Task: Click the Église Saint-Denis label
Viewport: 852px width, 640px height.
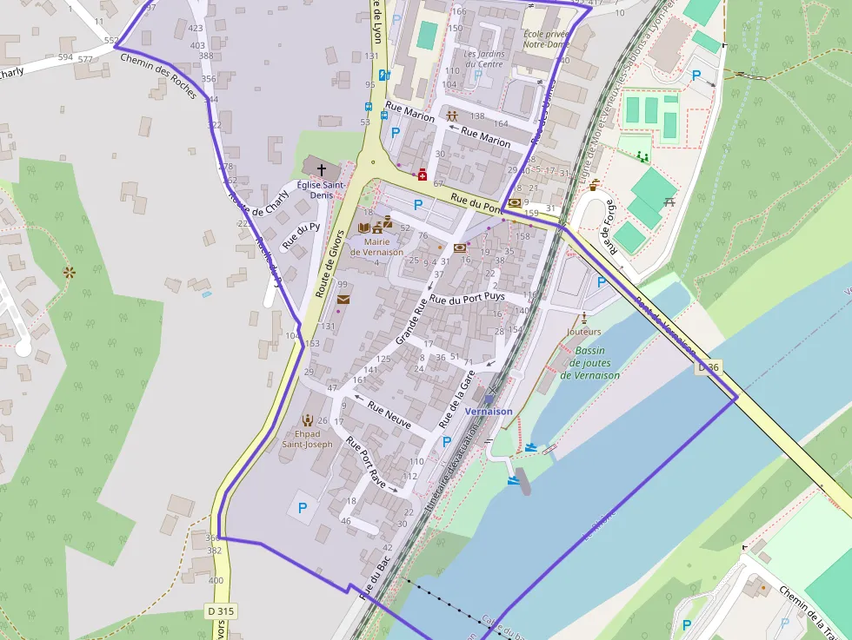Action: (x=321, y=190)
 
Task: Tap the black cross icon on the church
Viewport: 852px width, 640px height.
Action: (x=322, y=170)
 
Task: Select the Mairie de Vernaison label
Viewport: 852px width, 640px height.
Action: (x=376, y=247)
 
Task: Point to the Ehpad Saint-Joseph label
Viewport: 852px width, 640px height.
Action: (x=307, y=439)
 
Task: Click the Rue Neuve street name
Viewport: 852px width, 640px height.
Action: (x=389, y=413)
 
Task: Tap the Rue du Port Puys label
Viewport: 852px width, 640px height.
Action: (x=468, y=298)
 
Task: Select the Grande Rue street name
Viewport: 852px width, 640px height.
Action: (x=412, y=320)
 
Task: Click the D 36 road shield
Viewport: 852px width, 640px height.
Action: (x=709, y=367)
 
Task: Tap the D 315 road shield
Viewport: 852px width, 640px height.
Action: (x=222, y=611)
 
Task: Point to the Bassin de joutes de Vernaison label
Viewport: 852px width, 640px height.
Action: (x=589, y=363)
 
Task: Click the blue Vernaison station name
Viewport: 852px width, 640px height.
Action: (x=489, y=411)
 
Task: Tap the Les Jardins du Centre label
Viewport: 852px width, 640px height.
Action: (x=484, y=58)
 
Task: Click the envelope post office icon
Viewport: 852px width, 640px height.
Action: (x=343, y=300)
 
